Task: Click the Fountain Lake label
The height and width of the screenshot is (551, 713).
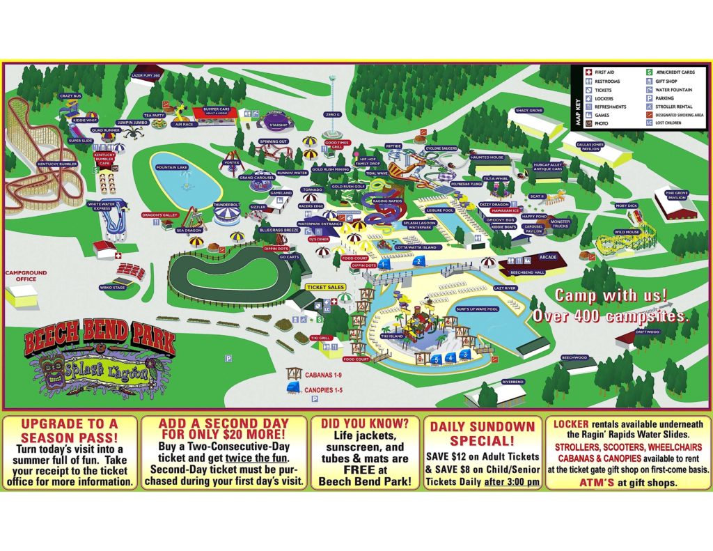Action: click(173, 167)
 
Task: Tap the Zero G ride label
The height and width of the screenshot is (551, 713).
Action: click(333, 114)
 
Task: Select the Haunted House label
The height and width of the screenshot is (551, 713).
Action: click(487, 157)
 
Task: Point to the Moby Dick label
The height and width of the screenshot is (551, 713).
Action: click(626, 206)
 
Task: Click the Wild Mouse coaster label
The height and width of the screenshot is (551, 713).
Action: click(627, 233)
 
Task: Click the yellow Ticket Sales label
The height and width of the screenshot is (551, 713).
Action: click(325, 287)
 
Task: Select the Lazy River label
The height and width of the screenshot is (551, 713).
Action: click(506, 287)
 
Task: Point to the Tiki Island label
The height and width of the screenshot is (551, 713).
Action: click(392, 336)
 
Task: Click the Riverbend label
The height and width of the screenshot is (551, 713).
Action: click(512, 382)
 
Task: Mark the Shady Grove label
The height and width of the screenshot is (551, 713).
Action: click(528, 111)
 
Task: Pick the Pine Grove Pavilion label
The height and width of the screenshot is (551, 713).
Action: click(676, 196)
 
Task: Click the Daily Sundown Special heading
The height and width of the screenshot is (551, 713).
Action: click(482, 433)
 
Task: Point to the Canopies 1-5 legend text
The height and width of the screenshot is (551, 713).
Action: click(324, 390)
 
